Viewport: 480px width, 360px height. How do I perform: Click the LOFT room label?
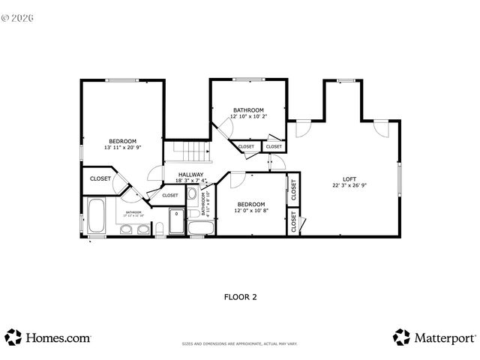[349, 178]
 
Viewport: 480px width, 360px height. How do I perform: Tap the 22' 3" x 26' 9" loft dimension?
[349, 184]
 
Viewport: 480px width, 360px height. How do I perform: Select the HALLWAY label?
[190, 175]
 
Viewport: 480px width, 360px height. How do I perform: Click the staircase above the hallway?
[190, 152]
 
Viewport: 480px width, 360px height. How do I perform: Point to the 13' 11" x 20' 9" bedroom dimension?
[122, 148]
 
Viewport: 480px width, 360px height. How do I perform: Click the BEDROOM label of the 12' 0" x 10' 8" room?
[251, 204]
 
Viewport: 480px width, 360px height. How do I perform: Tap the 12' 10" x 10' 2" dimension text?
[247, 116]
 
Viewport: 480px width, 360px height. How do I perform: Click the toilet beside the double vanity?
[160, 229]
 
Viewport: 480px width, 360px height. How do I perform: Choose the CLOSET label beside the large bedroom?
[100, 178]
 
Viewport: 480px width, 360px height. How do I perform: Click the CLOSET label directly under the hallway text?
[170, 195]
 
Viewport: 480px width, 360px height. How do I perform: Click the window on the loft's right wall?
[400, 181]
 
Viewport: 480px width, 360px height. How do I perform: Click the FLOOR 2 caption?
[240, 297]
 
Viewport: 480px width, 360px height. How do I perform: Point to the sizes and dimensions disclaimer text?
[240, 344]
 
